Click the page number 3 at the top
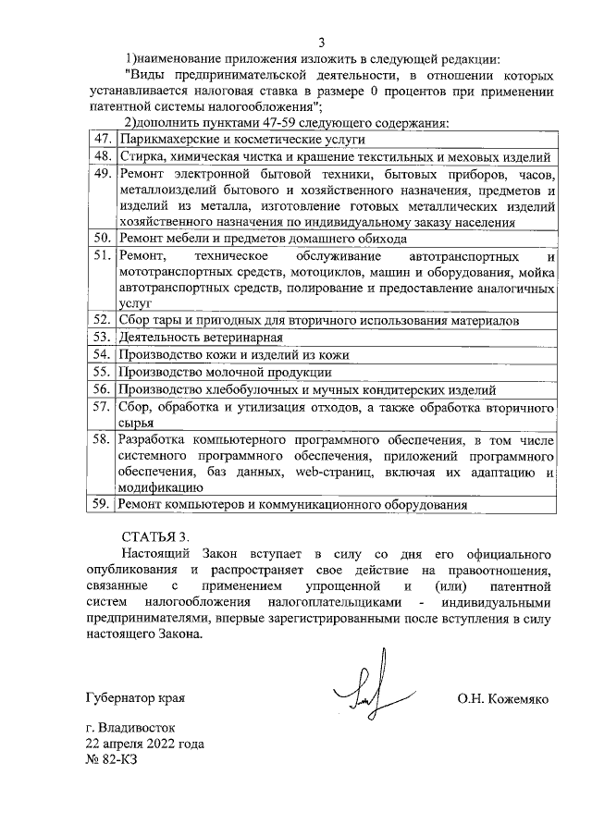[321, 42]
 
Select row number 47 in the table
[103, 139]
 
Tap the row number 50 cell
[103, 238]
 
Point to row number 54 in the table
[103, 354]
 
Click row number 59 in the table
[103, 504]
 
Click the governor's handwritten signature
[364, 683]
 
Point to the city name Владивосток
[135, 728]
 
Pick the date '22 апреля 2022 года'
[144, 744]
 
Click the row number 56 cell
[103, 389]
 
